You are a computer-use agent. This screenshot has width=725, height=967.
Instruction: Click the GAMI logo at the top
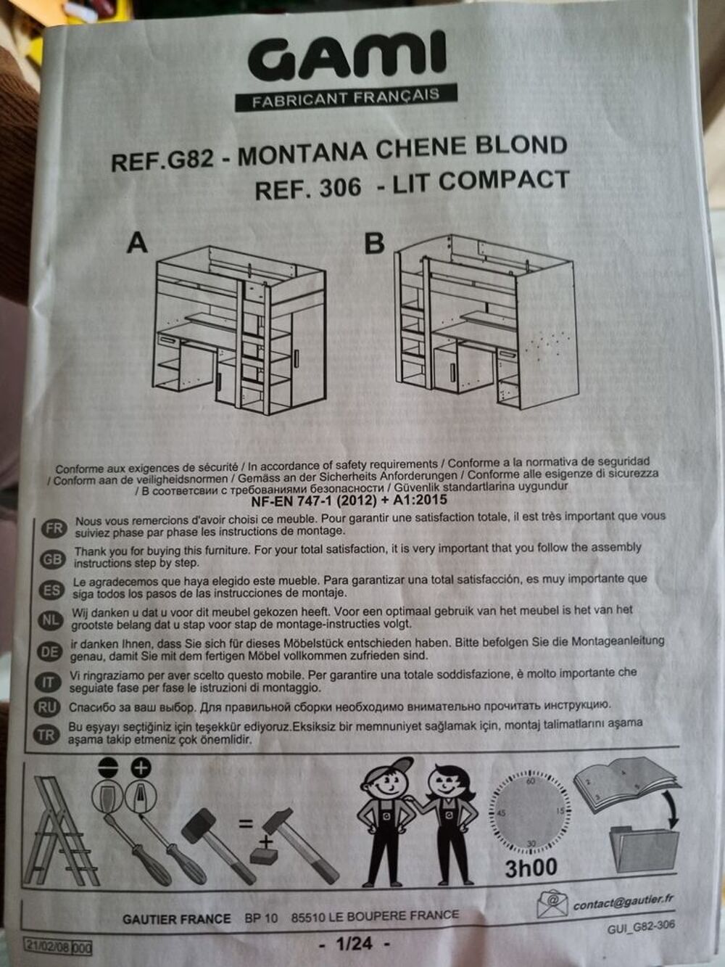[x=347, y=57]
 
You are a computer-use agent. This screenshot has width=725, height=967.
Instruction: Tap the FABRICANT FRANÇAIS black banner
[x=346, y=97]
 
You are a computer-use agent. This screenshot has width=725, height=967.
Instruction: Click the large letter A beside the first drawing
[x=137, y=243]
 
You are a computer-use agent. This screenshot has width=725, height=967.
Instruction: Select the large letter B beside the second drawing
[x=375, y=244]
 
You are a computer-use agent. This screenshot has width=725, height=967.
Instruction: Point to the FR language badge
[x=54, y=528]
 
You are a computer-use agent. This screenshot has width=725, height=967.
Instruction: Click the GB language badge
[x=53, y=559]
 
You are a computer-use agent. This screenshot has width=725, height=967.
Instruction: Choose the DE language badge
[x=49, y=652]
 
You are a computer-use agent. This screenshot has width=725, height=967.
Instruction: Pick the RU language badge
[x=47, y=707]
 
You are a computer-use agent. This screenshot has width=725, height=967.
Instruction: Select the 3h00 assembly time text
[x=531, y=868]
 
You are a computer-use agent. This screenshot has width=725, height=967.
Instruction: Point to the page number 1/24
[x=355, y=943]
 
